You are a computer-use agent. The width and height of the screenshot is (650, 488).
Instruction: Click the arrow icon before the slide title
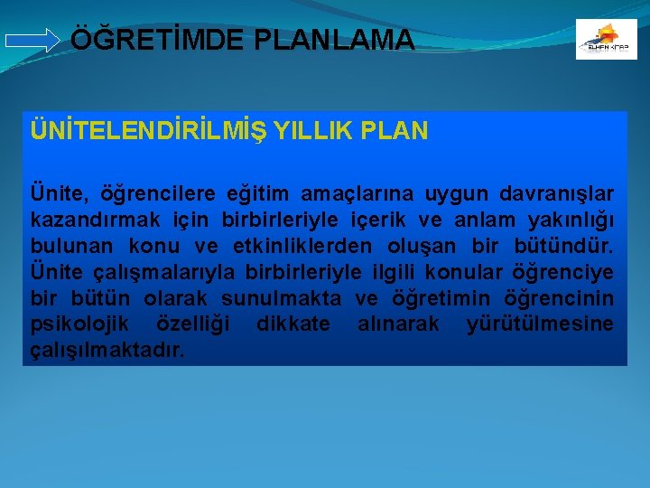32,41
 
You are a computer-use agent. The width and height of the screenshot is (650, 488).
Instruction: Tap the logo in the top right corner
606,40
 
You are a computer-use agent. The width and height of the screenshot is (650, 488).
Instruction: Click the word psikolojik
79,324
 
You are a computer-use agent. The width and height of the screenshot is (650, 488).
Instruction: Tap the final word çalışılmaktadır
107,351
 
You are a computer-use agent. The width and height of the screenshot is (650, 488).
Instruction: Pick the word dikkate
293,324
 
